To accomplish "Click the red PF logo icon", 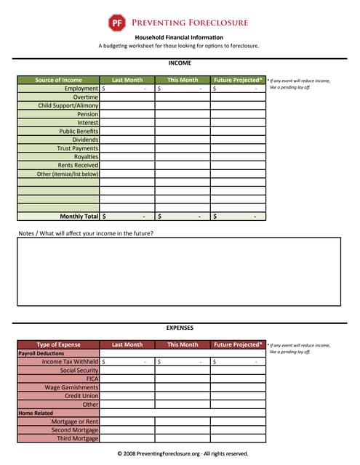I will tap(116, 23).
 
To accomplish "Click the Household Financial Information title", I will tap(179, 37).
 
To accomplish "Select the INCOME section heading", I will tap(179, 63).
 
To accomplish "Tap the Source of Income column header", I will tap(58, 80).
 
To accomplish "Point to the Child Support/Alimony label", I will tap(68, 105).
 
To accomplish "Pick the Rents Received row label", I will tap(78, 165).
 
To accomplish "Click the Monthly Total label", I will tap(79, 217).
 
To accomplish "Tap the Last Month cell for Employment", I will tap(127, 89).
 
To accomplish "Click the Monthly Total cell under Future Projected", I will tap(238, 217).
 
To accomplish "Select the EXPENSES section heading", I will tap(179, 328).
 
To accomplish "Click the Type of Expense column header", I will tap(58, 344).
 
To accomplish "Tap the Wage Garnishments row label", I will tap(71, 387).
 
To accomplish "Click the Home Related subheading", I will tap(33, 413).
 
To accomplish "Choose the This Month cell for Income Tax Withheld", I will tap(183, 361).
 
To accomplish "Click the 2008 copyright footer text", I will tap(183, 453).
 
